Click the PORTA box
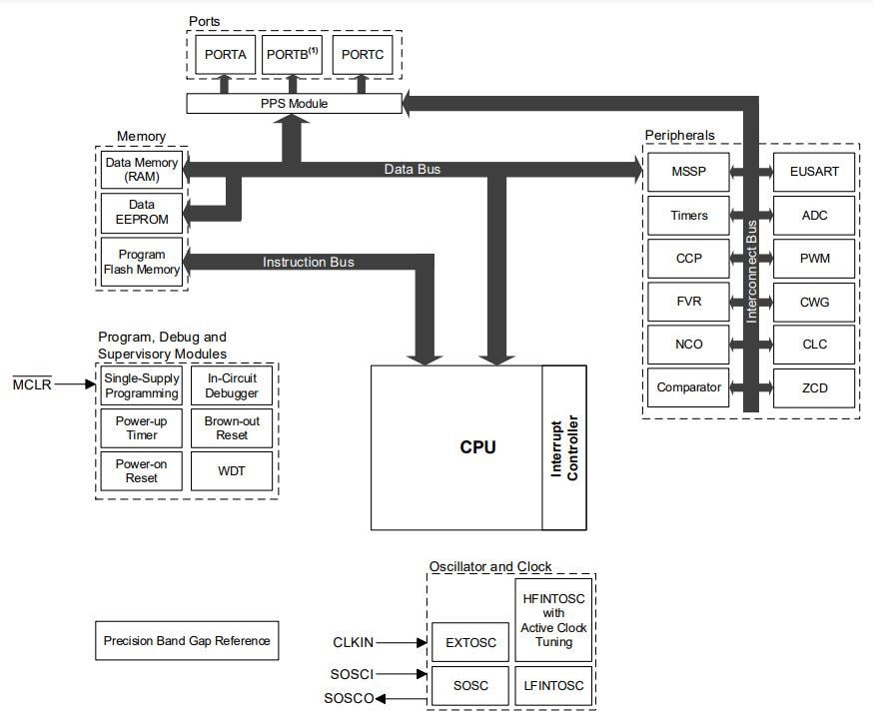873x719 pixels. (x=225, y=55)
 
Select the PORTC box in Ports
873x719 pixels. (x=362, y=55)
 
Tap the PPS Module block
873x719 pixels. (x=294, y=104)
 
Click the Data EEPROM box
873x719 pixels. (x=142, y=212)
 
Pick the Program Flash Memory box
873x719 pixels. (x=142, y=262)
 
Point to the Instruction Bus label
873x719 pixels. (x=308, y=263)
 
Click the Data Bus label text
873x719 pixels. (x=412, y=170)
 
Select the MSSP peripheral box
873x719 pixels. (x=689, y=172)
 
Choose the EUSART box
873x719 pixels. (x=814, y=172)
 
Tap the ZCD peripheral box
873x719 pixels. (x=814, y=387)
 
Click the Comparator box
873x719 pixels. (x=689, y=387)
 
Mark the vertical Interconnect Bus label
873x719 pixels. (x=752, y=270)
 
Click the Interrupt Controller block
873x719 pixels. (x=564, y=447)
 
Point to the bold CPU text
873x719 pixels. (x=477, y=447)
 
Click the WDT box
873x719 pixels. (x=232, y=471)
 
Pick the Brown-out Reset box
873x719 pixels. (x=232, y=428)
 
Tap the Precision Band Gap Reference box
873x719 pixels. (x=187, y=641)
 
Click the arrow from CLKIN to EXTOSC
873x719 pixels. (x=404, y=643)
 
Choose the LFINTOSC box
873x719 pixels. (x=554, y=686)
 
